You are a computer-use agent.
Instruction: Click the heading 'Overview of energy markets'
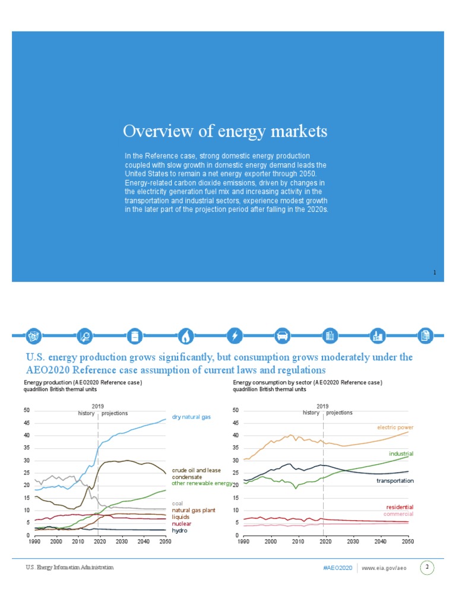click(x=225, y=131)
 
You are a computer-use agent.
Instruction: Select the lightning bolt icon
click(x=235, y=336)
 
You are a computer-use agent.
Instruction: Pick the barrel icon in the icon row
click(x=136, y=336)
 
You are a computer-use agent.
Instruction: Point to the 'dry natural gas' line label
click(x=191, y=417)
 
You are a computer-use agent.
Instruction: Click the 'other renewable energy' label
click(x=202, y=484)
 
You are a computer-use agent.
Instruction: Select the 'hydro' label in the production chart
click(x=179, y=530)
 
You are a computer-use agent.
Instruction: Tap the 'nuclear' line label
click(x=182, y=524)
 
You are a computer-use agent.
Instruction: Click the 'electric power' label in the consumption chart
click(x=395, y=427)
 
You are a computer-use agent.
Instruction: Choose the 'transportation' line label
click(x=395, y=480)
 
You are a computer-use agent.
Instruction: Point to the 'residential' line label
click(x=399, y=507)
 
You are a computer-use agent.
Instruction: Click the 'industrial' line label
click(x=401, y=454)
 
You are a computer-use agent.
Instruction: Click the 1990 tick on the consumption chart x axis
click(x=243, y=542)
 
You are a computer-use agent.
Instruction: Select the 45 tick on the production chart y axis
click(x=27, y=423)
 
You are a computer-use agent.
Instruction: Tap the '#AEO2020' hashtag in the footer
click(x=338, y=568)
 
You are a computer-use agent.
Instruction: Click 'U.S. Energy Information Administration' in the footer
click(x=69, y=568)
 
